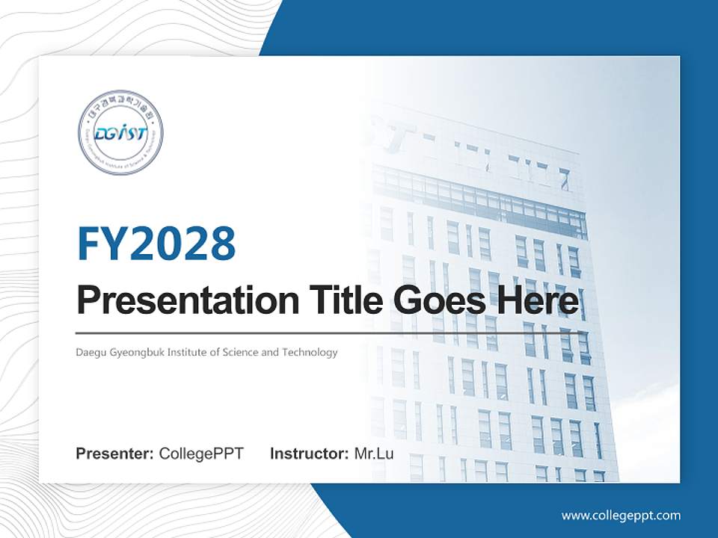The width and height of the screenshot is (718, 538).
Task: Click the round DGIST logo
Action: click(x=120, y=133)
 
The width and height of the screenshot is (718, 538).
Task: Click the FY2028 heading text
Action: click(x=156, y=244)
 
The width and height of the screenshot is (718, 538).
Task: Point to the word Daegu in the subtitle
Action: click(x=89, y=352)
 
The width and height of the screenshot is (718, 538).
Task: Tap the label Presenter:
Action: click(x=115, y=454)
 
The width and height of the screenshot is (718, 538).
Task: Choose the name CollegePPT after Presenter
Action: click(x=201, y=454)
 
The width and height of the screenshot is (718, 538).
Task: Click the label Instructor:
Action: click(x=309, y=454)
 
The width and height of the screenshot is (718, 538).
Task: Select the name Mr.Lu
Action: click(x=374, y=454)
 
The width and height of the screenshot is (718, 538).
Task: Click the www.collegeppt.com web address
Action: click(x=621, y=515)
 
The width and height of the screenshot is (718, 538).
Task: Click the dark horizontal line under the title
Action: click(x=329, y=333)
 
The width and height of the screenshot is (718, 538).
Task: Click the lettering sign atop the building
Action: click(x=494, y=157)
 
